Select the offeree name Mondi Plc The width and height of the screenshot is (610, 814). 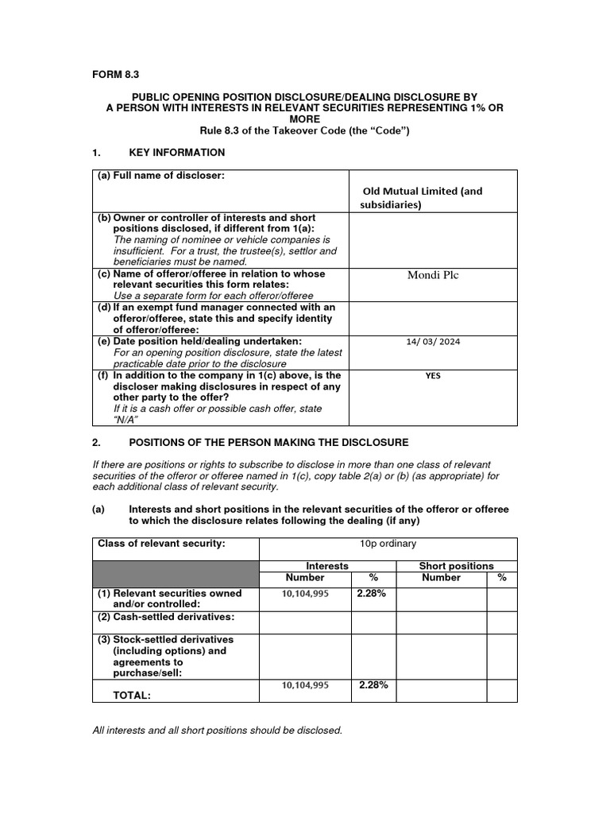point(433,276)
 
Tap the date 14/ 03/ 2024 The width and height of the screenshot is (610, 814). point(433,341)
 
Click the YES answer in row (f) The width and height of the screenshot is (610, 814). point(433,376)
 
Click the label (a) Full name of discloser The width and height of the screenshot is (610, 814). point(162,175)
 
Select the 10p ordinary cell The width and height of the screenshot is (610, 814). point(388,544)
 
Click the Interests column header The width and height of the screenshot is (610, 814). point(327,566)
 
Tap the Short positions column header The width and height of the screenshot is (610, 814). point(456,566)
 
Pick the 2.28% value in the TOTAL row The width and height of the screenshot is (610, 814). point(373,684)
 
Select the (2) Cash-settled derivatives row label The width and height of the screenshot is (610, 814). point(166,617)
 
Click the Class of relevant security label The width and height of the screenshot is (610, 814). point(161,544)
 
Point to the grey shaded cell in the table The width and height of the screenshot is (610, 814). point(176,572)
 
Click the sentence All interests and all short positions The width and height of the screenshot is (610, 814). point(217,730)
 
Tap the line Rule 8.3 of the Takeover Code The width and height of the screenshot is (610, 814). point(305,130)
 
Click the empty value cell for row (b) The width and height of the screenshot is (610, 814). point(433,238)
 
